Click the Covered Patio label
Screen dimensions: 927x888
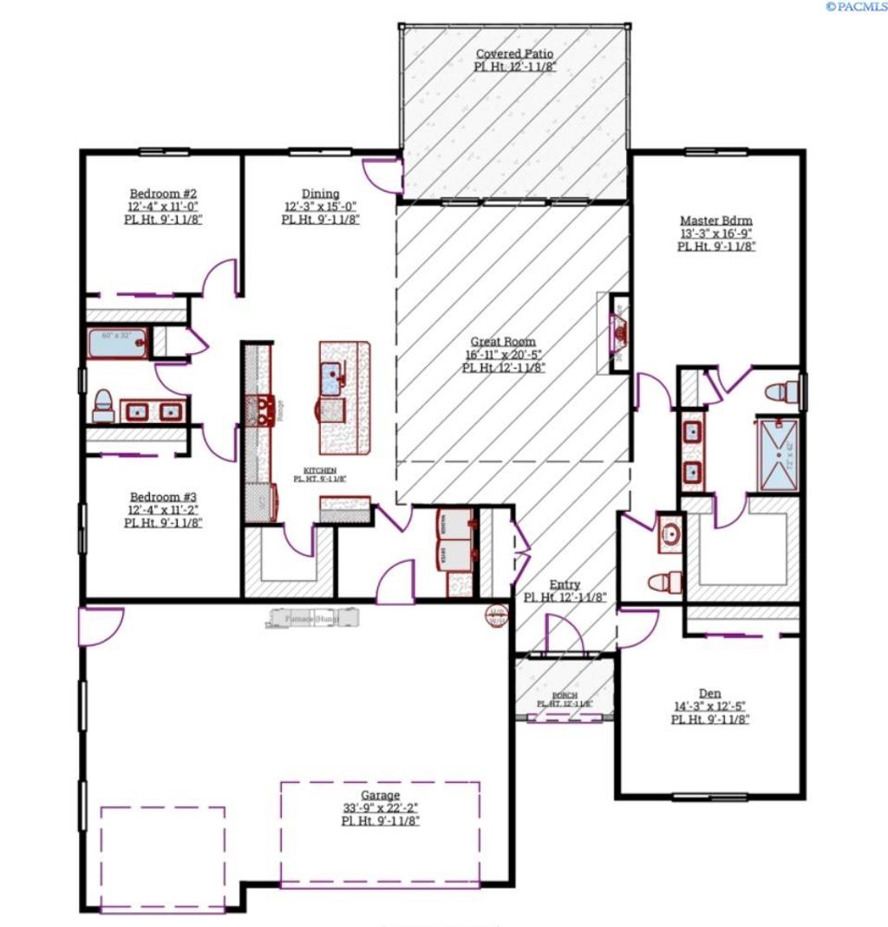pyautogui.click(x=514, y=54)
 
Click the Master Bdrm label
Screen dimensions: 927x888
pyautogui.click(x=715, y=220)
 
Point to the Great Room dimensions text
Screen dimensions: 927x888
pyautogui.click(x=503, y=355)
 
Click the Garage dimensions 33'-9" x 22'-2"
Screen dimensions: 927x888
pyautogui.click(x=381, y=808)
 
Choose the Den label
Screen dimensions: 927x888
pyautogui.click(x=709, y=693)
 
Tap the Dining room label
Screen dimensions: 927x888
pyautogui.click(x=320, y=193)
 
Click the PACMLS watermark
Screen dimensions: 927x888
pyautogui.click(x=856, y=7)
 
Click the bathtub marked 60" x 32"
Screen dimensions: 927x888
pyautogui.click(x=116, y=343)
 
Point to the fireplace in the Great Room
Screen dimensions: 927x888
pyautogui.click(x=619, y=333)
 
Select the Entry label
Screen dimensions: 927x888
pyautogui.click(x=565, y=585)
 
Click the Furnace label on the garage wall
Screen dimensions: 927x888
pyautogui.click(x=314, y=619)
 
